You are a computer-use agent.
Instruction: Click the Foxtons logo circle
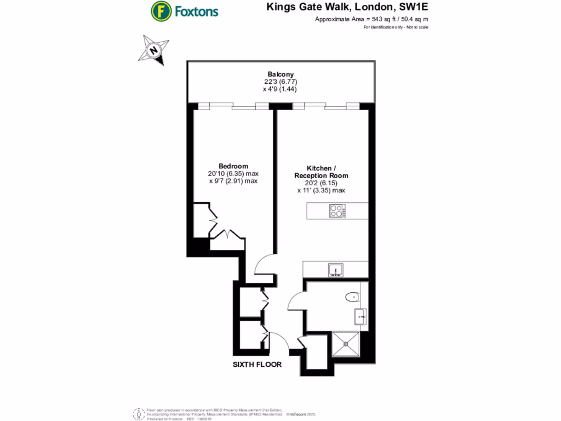coord(161,10)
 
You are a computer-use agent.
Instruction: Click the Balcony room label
coord(280,75)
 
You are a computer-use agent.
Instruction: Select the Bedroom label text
coord(233,166)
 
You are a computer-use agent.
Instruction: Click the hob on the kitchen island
coord(336,211)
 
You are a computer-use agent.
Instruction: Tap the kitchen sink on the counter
coord(335,269)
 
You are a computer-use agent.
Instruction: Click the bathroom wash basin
coord(360,315)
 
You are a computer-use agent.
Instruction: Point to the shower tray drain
coord(346,344)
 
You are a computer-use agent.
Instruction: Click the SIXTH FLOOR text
coord(257,365)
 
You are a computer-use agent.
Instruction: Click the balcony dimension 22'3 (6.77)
coord(280,82)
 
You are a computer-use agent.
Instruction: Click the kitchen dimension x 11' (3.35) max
coord(320,190)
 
